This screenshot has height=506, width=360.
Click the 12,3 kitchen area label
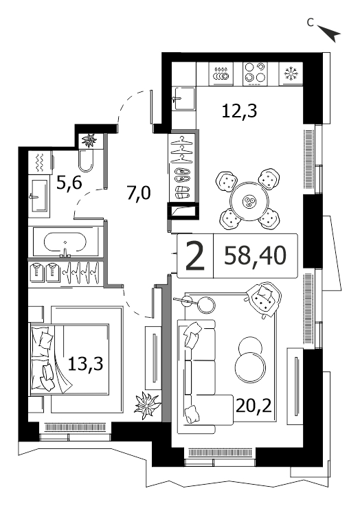[x=239, y=111]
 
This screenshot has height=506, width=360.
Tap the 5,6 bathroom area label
[x=69, y=183]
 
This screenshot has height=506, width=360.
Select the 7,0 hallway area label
[x=139, y=194]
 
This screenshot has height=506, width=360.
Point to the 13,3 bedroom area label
[x=86, y=364]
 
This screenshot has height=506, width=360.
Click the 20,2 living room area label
[x=254, y=406]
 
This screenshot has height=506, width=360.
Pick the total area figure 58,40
[x=255, y=255]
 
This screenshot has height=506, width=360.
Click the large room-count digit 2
[x=195, y=256]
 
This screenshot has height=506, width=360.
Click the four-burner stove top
[x=256, y=73]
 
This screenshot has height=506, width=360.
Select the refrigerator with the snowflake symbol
[x=291, y=73]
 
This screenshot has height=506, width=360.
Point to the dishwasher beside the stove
[x=221, y=73]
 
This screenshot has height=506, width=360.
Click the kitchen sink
[x=183, y=98]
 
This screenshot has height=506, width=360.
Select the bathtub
[x=65, y=242]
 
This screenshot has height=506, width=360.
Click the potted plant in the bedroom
[x=147, y=404]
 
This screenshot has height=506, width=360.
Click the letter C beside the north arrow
[x=311, y=22]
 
